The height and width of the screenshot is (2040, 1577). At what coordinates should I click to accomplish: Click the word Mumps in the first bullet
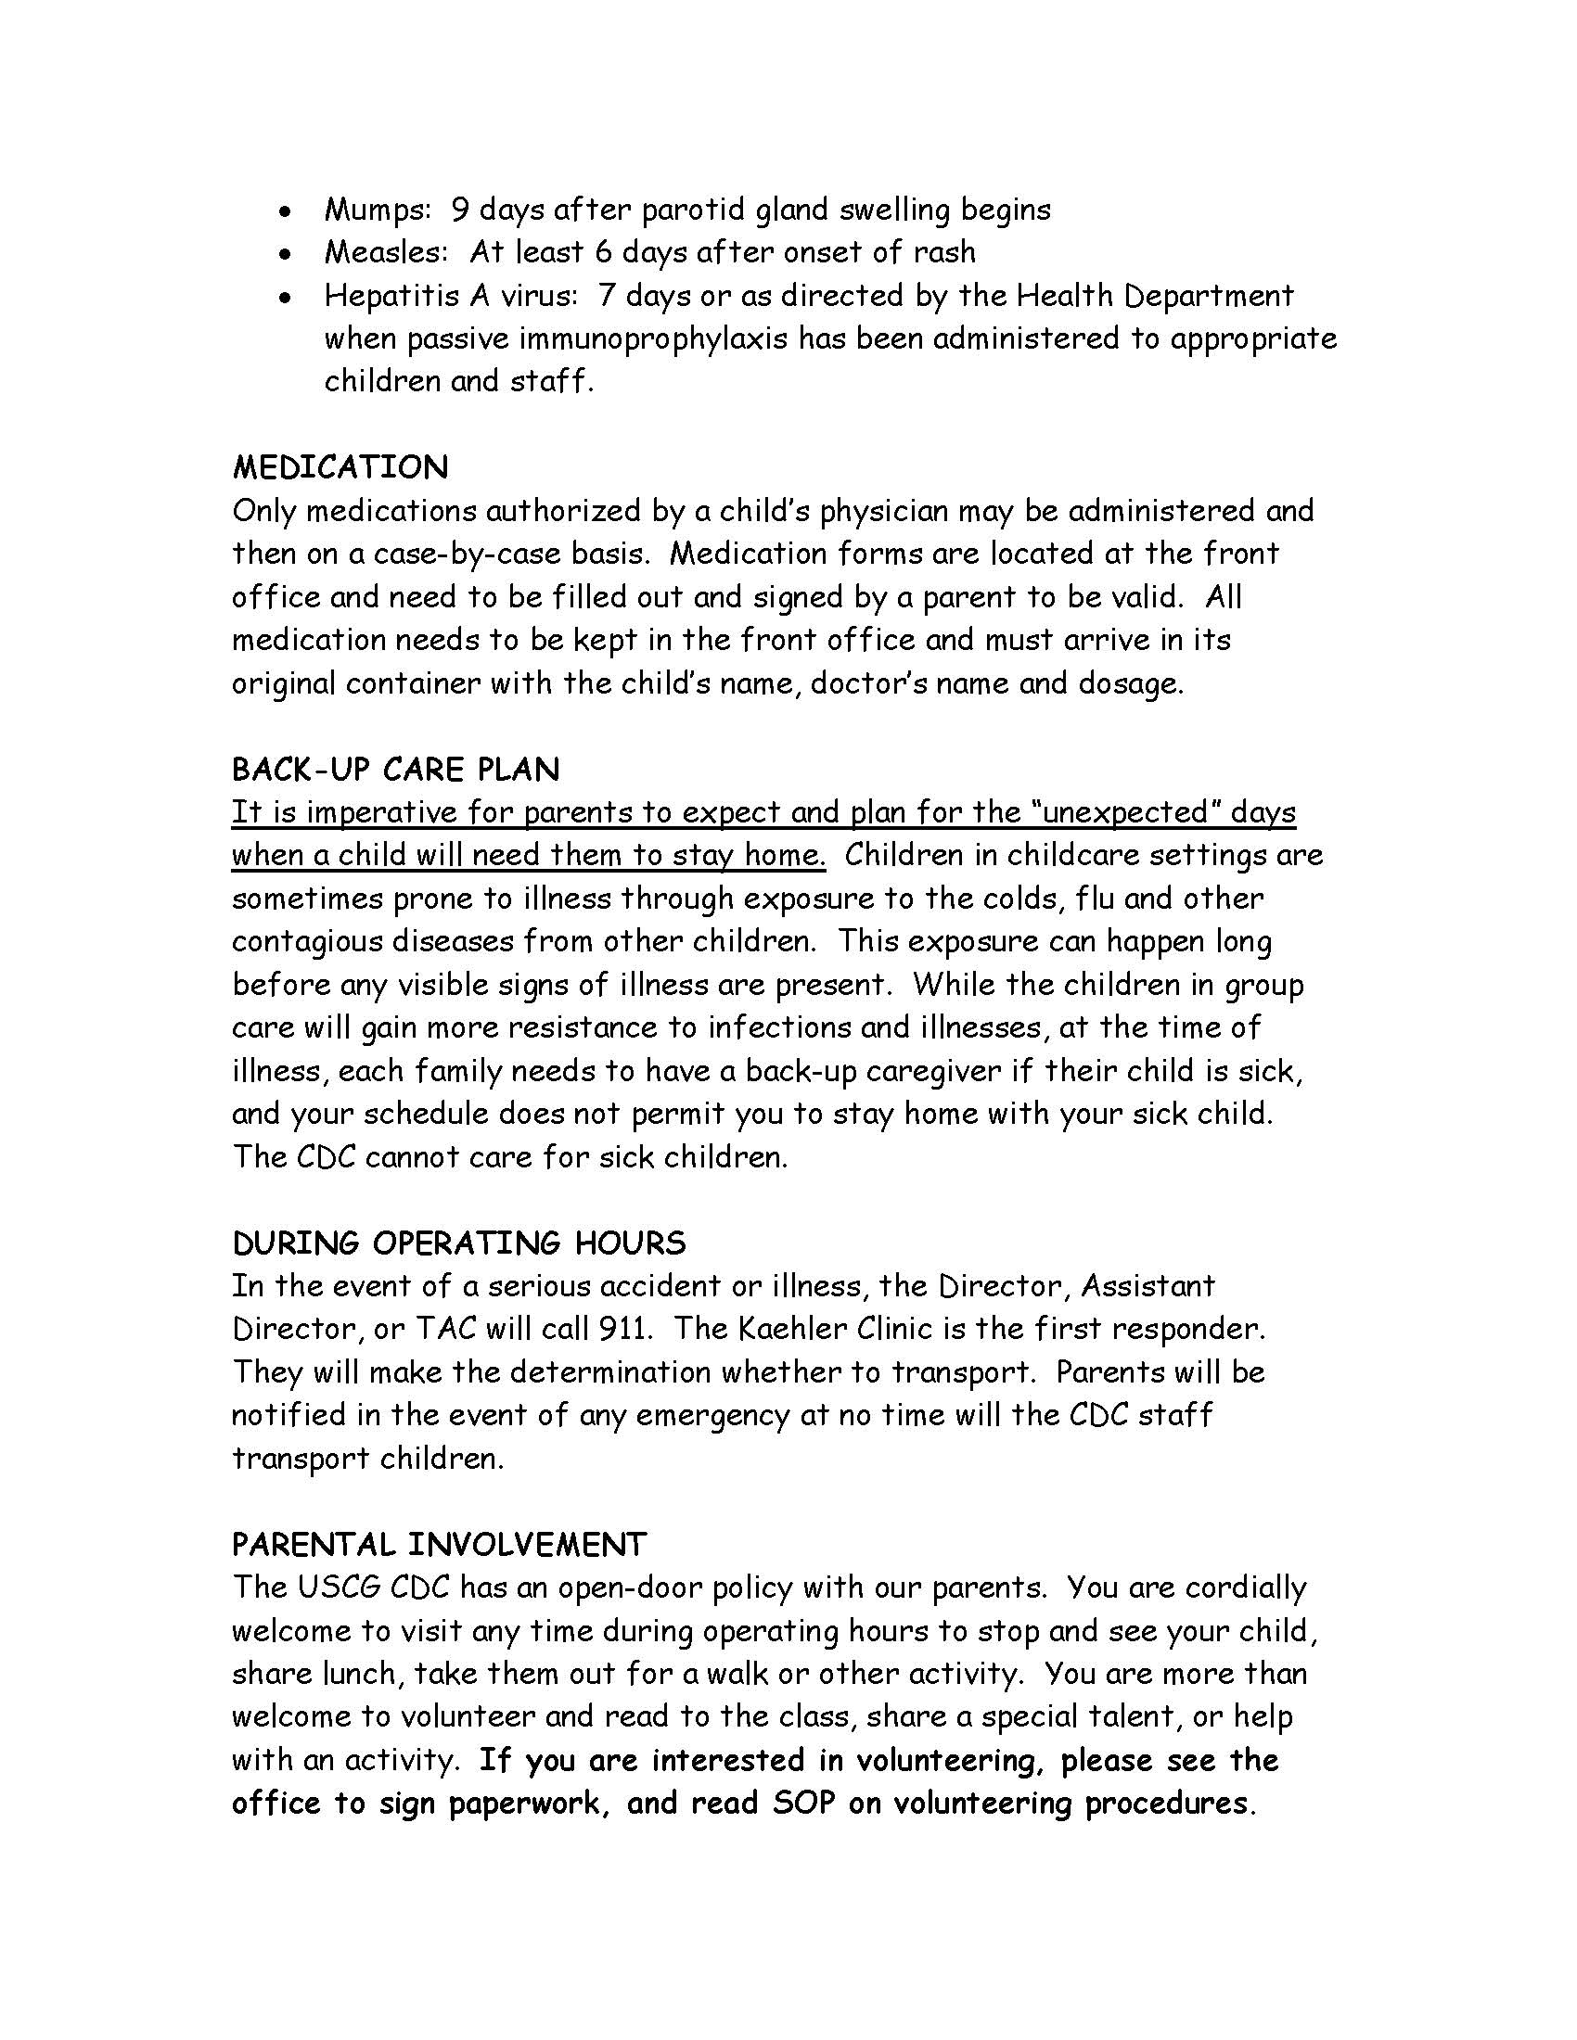pyautogui.click(x=375, y=210)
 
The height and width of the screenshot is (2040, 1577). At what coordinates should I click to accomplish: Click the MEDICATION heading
pyautogui.click(x=340, y=467)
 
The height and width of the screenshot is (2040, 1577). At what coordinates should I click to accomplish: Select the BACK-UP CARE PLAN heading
pyautogui.click(x=395, y=770)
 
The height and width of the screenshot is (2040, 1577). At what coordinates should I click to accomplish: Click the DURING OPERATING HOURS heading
pyautogui.click(x=458, y=1243)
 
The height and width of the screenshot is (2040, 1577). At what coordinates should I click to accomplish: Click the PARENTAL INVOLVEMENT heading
pyautogui.click(x=438, y=1544)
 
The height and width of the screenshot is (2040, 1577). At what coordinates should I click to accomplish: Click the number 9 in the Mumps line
pyautogui.click(x=459, y=210)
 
